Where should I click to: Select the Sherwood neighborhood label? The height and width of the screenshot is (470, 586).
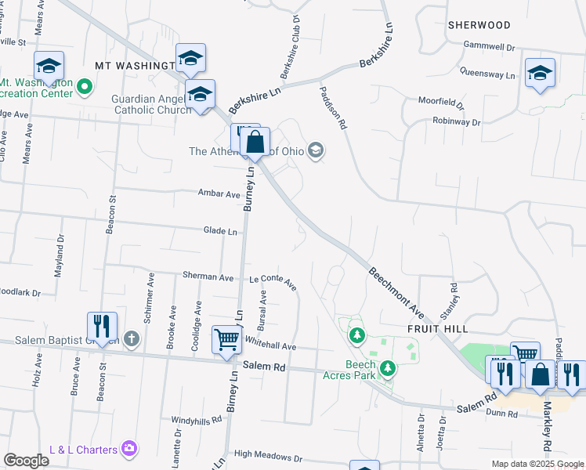479,25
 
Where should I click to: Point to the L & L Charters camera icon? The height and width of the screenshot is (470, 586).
129,449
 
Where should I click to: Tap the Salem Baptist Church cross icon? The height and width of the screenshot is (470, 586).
132,339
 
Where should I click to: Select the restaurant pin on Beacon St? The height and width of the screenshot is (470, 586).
102,325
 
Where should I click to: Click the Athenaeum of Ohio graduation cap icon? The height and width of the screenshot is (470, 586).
316,150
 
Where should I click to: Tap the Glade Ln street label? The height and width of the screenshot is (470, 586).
220,231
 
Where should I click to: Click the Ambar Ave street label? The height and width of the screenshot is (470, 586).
219,193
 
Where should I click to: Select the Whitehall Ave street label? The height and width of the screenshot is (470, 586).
270,345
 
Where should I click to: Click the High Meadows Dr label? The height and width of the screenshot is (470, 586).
267,456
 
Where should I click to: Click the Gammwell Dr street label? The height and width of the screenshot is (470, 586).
488,47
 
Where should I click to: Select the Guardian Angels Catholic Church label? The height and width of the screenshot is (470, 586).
151,104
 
